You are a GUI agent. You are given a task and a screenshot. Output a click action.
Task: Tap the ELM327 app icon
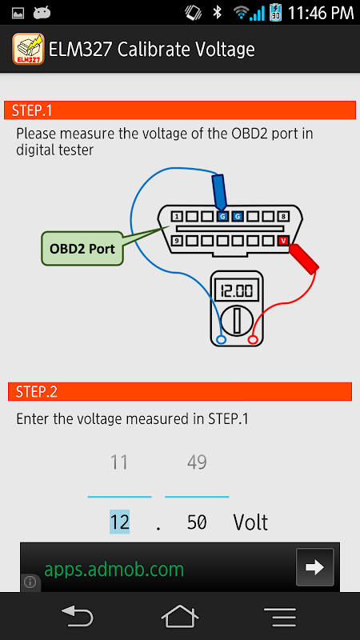(x=28, y=49)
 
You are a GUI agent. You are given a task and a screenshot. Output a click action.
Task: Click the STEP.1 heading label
(x=32, y=110)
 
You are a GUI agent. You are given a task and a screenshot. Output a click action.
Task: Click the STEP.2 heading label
(x=37, y=392)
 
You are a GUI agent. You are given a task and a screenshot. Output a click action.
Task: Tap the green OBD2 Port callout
(x=82, y=249)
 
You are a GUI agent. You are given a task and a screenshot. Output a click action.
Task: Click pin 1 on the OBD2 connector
(x=176, y=216)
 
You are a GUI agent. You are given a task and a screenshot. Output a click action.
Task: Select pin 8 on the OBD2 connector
(x=283, y=216)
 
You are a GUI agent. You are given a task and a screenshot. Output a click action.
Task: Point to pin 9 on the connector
(x=176, y=241)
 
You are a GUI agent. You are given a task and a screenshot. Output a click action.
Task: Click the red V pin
(x=283, y=241)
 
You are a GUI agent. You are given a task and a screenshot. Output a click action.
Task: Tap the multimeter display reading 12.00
(x=236, y=291)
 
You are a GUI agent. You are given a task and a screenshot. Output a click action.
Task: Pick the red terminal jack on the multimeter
(x=253, y=339)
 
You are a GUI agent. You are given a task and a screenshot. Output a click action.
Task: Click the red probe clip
(x=304, y=258)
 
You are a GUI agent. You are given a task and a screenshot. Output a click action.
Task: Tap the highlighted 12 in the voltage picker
(x=119, y=522)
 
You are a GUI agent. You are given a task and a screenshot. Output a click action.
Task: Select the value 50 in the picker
(x=197, y=522)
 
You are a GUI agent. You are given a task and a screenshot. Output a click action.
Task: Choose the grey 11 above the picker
(x=118, y=462)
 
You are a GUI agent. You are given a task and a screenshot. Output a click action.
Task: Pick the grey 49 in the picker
(x=197, y=462)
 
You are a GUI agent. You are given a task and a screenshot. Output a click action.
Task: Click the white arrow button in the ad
(x=314, y=567)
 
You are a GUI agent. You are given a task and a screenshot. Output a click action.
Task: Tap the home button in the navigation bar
(x=179, y=616)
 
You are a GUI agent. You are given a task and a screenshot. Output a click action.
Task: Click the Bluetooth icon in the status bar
(x=217, y=13)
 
